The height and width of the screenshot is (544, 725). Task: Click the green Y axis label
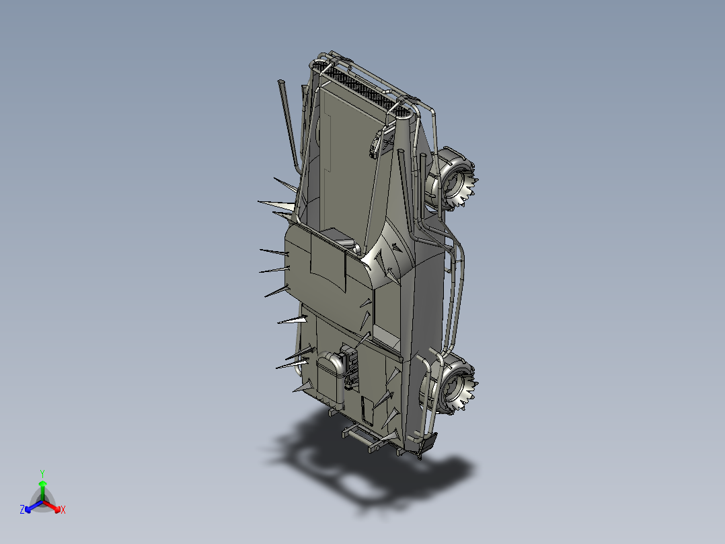click(x=42, y=473)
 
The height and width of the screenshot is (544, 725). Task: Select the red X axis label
click(x=63, y=510)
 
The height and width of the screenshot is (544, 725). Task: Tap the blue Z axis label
click(x=22, y=510)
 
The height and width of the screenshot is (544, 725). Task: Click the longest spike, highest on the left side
click(x=276, y=203)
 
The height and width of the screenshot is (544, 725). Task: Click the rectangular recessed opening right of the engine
click(x=386, y=335)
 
